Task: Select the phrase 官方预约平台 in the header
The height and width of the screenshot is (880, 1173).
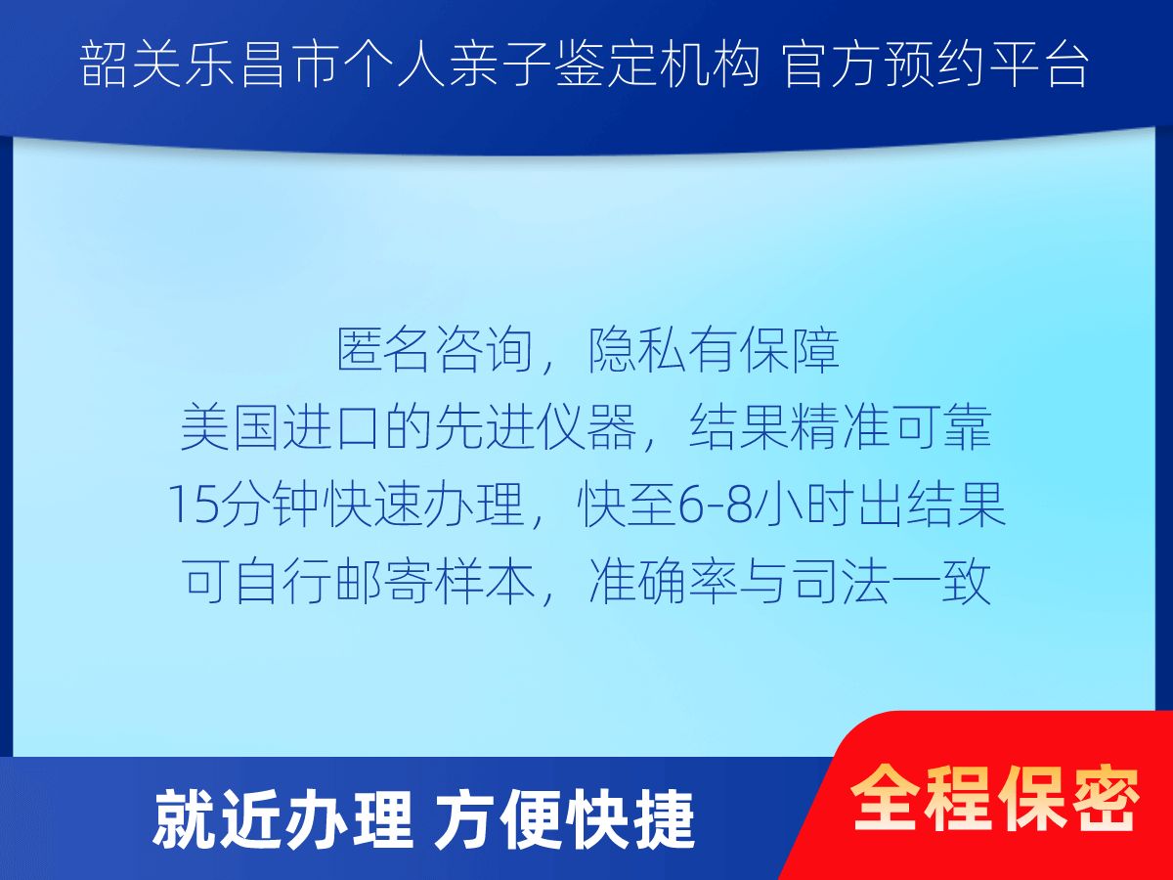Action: click(935, 65)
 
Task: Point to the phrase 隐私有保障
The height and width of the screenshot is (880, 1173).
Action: click(714, 350)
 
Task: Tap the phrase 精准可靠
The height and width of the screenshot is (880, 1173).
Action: click(891, 427)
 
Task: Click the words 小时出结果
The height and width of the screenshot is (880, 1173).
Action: click(878, 505)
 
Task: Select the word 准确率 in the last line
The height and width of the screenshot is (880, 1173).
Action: click(663, 581)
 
